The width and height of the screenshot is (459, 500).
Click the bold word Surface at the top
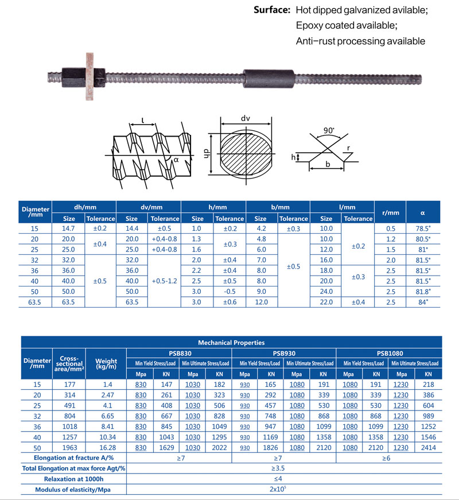272,11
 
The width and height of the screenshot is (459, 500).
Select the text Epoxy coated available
347,26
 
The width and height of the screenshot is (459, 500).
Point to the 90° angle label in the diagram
329,130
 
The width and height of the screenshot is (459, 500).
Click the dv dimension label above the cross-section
246,119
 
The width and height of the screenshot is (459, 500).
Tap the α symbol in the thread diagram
177,161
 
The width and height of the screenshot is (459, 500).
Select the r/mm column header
390,212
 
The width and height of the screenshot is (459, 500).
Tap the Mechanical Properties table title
231,342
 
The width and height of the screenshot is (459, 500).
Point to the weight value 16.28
106,447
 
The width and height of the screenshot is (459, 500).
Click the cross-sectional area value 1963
69,447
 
